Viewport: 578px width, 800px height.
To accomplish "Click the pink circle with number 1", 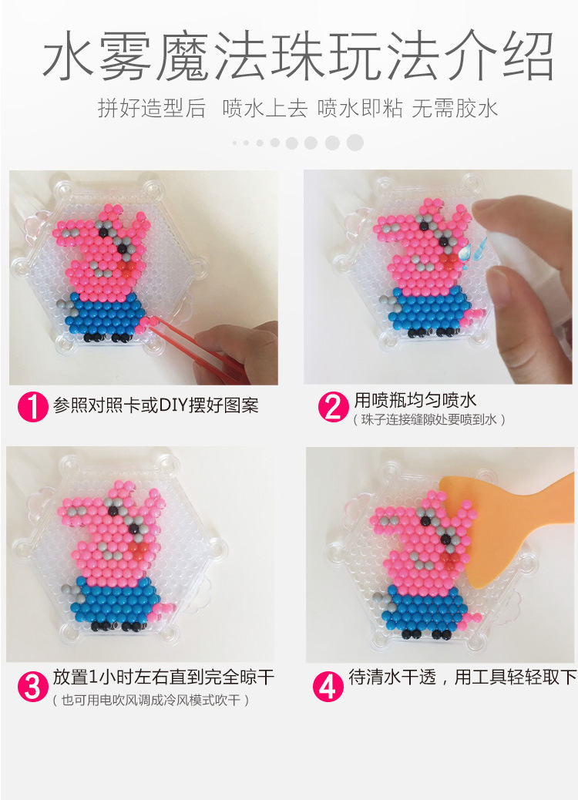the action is (32, 407).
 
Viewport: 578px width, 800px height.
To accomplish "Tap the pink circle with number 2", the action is (333, 407).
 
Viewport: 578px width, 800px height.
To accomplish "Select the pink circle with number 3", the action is (32, 687).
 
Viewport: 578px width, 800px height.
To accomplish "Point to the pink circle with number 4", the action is (328, 686).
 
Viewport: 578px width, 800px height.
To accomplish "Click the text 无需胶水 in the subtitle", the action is (455, 109).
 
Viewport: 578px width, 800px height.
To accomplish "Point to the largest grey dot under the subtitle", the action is (355, 143).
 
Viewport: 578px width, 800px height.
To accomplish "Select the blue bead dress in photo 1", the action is (106, 314).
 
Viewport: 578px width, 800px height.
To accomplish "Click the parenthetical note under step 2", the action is (428, 420).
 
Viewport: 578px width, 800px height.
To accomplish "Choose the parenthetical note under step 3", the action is (150, 700).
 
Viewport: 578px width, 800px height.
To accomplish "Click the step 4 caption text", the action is (462, 677).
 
